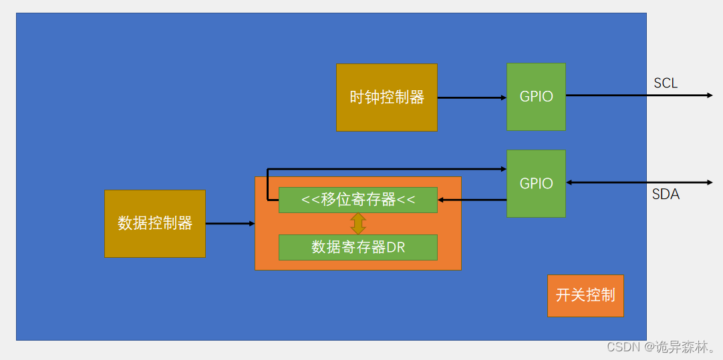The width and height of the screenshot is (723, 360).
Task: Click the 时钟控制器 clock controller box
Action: (x=387, y=98)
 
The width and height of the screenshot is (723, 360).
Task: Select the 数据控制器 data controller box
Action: (x=155, y=223)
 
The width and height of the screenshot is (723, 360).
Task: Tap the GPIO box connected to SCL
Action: (x=536, y=96)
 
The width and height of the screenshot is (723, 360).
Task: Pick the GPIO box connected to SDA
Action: (x=536, y=183)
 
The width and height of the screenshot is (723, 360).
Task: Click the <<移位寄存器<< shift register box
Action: (x=358, y=200)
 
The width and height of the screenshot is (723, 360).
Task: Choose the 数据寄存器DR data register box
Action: (x=358, y=247)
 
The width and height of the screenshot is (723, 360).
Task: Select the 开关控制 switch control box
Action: (x=585, y=295)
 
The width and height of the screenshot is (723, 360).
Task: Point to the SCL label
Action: (x=666, y=83)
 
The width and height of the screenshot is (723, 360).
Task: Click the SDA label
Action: (x=666, y=194)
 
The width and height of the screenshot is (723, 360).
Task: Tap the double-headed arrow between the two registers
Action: (x=358, y=223)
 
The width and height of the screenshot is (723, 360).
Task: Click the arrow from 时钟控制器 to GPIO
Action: (x=472, y=98)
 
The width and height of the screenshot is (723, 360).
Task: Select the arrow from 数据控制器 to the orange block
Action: (x=230, y=223)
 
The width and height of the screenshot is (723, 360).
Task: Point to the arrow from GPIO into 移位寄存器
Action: (x=472, y=199)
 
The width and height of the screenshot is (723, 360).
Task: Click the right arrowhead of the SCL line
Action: (x=710, y=96)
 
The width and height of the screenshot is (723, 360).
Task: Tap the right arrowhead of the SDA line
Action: (x=710, y=182)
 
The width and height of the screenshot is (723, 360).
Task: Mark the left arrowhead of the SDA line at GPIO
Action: (x=569, y=182)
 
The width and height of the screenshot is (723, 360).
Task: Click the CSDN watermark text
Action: (x=621, y=347)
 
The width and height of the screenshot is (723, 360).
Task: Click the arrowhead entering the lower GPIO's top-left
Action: (x=503, y=169)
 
